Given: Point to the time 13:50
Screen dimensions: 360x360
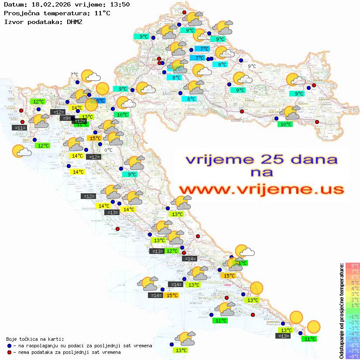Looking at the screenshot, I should [120, 5].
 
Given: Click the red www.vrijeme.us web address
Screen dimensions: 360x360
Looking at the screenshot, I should [261, 189].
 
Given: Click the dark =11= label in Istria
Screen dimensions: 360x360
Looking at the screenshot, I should [20, 128].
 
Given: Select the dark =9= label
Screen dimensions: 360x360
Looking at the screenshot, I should [65, 118].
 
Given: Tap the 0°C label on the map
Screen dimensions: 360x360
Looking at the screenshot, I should [109, 150].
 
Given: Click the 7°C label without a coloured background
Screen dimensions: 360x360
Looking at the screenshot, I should [74, 75].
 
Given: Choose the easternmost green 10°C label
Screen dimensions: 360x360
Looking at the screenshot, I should [286, 124].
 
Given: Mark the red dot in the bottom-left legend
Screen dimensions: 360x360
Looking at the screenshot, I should [9, 352].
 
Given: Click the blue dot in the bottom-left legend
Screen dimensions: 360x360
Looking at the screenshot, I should [9, 346].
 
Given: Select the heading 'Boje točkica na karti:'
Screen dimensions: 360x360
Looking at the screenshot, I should [35, 339].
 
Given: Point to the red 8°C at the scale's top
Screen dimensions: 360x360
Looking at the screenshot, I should [353, 265].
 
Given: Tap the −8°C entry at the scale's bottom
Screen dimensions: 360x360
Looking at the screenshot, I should [353, 356].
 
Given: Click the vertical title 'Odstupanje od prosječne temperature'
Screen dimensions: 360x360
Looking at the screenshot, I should [342, 311].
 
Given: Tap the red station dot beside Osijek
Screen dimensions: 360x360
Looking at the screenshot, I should [314, 86].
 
